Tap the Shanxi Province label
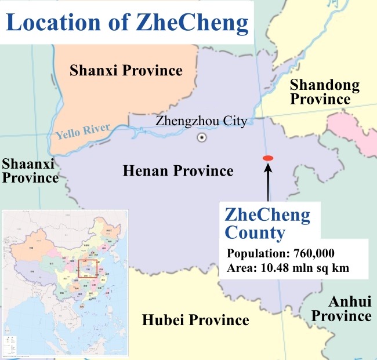pos(126,71)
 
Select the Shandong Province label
pos(324,92)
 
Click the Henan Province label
pos(178,171)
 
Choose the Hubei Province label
pos(195,320)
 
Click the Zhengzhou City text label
pos(201,122)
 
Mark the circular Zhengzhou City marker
pos(201,137)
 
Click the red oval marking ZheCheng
pos(267,158)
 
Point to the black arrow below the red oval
pos(267,183)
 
